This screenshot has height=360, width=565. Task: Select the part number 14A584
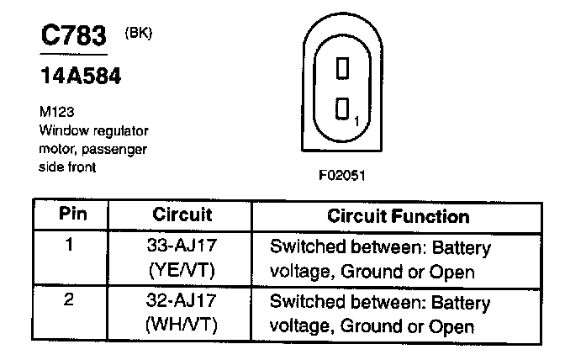pos(81,77)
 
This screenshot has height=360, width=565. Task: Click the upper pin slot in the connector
pos(342,67)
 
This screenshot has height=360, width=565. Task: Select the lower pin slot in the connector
pos(342,109)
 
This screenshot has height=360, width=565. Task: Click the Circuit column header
pos(182,215)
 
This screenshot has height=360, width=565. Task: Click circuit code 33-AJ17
pos(182,247)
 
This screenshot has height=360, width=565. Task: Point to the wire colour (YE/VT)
pos(182,271)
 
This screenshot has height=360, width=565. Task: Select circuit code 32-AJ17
pos(182,301)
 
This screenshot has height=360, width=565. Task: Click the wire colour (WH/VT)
pos(182,326)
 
